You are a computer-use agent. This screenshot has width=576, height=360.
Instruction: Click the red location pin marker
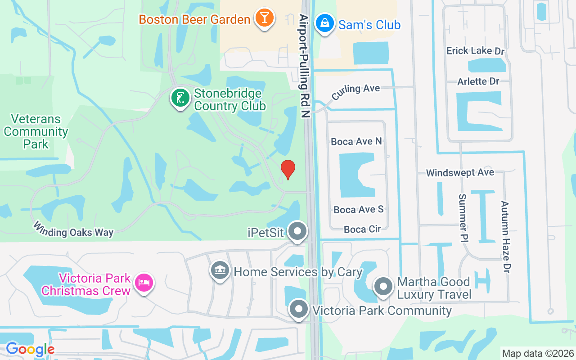click(288, 169)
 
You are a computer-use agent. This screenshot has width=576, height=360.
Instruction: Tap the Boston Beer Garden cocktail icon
click(264, 18)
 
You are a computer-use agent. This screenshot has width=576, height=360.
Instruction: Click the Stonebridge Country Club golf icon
click(180, 98)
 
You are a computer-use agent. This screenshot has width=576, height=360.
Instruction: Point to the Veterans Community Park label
click(36, 131)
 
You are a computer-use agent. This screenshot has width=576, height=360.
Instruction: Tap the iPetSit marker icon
click(297, 232)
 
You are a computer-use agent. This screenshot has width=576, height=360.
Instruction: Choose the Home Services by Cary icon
click(220, 271)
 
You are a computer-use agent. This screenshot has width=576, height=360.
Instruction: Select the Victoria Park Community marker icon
click(298, 310)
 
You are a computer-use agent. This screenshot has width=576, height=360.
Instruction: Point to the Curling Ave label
click(355, 92)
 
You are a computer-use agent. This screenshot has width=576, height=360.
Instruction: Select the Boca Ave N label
click(356, 141)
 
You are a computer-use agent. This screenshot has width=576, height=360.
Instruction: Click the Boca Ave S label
click(359, 209)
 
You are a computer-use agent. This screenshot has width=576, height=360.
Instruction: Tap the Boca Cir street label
click(362, 229)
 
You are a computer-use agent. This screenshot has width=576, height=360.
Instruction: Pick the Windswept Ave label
click(460, 172)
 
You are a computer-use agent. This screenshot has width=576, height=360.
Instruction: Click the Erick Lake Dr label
click(476, 51)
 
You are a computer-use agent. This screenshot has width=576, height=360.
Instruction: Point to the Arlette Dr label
click(478, 81)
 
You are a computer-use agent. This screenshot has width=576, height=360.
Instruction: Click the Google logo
click(30, 349)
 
